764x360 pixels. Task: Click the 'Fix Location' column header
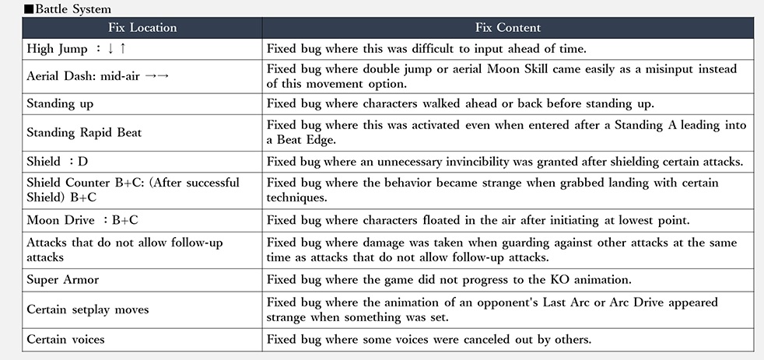142,27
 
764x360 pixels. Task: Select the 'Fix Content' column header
508,27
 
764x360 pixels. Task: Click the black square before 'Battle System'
29,9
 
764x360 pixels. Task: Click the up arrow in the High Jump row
123,49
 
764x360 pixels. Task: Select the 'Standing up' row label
60,104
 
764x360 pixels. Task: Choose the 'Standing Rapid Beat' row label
84,132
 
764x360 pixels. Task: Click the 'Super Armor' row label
62,280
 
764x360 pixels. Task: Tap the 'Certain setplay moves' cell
88,309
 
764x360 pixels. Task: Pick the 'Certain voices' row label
65,339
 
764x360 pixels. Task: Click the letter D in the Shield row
82,161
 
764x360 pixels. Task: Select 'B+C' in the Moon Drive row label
124,220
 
